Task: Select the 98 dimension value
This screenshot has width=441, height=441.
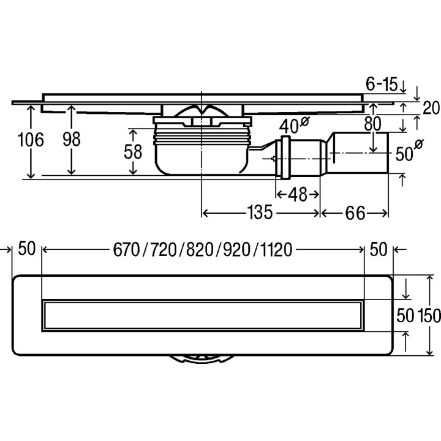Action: click(72, 140)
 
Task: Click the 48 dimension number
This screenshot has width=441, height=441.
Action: click(297, 194)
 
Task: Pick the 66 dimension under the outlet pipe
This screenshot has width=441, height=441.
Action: click(355, 213)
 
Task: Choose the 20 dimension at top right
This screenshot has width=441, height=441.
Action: click(431, 108)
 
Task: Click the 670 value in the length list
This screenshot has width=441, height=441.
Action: click(126, 249)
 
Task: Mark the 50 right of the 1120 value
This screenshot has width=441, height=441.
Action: click(379, 249)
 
